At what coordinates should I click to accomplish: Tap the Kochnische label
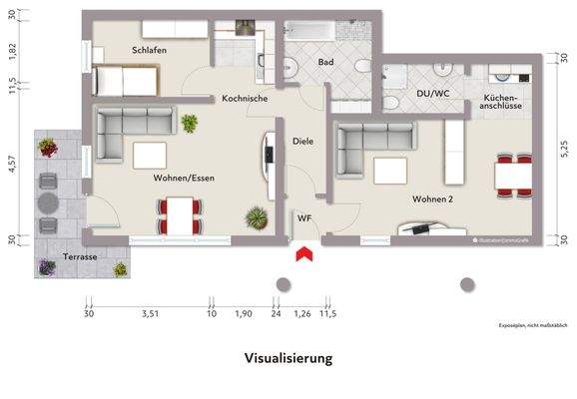[x=245, y=99]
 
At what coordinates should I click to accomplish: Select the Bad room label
[x=325, y=62]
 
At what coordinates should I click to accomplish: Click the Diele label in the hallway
[x=303, y=141]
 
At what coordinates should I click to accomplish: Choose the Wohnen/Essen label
[x=185, y=179]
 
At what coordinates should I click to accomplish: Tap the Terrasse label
[x=79, y=256]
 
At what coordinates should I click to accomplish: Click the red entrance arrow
[x=303, y=255]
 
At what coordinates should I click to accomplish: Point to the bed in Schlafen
[x=125, y=78]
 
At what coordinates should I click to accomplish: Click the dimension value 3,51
[x=151, y=314]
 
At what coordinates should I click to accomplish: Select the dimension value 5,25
[x=563, y=147]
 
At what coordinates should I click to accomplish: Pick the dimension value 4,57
[x=13, y=165]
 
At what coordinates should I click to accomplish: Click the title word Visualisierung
[x=288, y=356]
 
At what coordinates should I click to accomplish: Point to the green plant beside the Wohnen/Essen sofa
[x=189, y=123]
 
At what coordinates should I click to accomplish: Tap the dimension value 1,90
[x=243, y=314]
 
